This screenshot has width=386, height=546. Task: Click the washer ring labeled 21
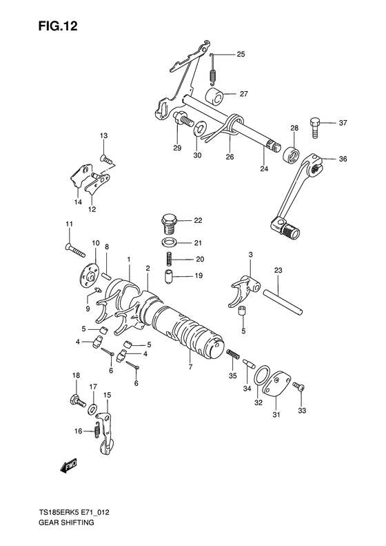click(x=168, y=243)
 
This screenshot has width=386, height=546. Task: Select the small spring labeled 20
click(x=168, y=260)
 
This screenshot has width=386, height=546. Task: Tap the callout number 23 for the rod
click(x=278, y=271)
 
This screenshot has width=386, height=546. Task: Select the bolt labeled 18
click(x=74, y=398)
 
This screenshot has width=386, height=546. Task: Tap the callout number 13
click(x=103, y=135)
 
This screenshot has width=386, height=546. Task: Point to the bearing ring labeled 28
click(x=292, y=154)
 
